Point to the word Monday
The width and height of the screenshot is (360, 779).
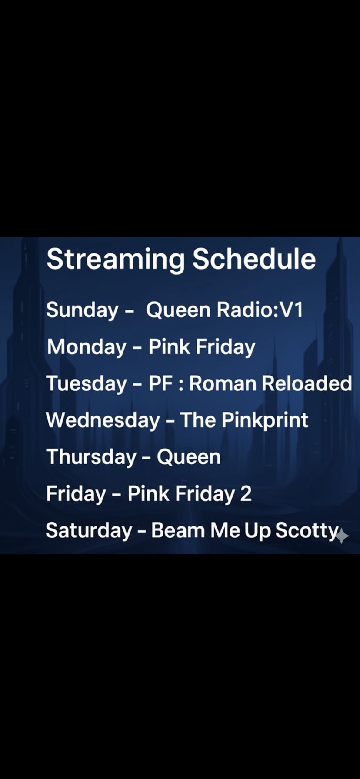[87, 347]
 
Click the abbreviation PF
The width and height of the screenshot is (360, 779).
[161, 383]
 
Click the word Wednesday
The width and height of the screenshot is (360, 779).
[103, 421]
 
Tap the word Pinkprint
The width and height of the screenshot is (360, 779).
[265, 420]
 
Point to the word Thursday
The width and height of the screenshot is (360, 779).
[91, 457]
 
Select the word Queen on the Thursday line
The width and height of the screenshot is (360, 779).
[189, 457]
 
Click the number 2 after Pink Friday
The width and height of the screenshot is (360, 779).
[246, 494]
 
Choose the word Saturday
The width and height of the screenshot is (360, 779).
[89, 531]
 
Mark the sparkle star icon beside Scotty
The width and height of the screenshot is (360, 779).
[342, 536]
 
